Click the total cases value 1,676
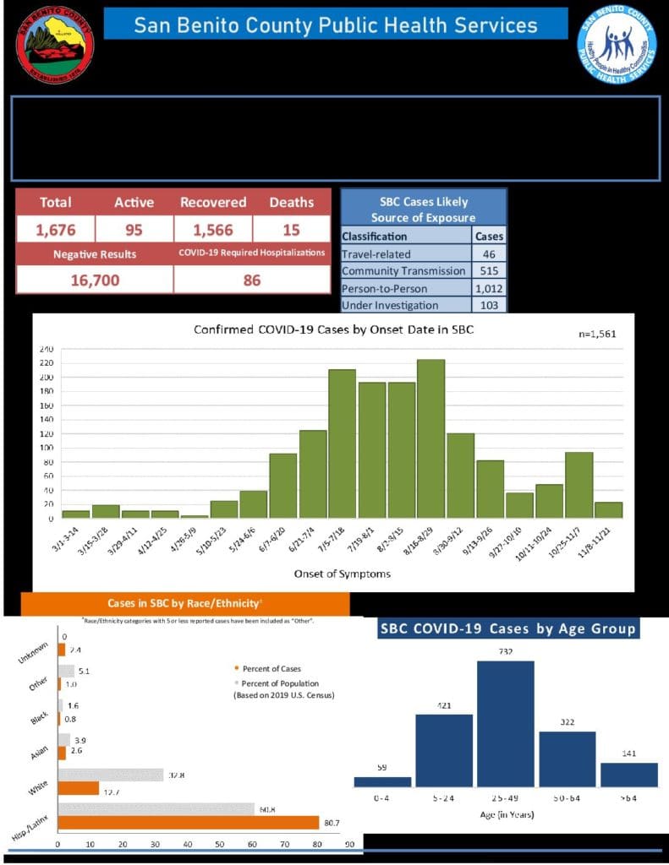[55, 230]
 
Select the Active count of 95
[134, 230]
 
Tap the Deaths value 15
[291, 230]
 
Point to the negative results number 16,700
[94, 280]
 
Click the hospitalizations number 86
[252, 280]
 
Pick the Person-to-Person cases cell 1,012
[490, 288]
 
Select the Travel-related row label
[376, 253]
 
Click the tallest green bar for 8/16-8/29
[430, 438]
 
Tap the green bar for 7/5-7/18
[342, 443]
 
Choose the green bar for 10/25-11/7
[579, 485]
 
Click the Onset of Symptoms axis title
[330, 574]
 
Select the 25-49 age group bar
[506, 723]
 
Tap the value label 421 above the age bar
[443, 705]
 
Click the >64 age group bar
[628, 775]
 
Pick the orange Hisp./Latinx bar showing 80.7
[189, 822]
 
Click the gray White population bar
[110, 775]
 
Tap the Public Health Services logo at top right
[617, 44]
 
